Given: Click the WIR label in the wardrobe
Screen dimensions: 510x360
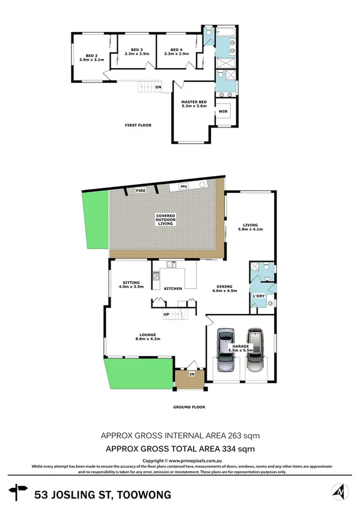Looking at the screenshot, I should (222, 111).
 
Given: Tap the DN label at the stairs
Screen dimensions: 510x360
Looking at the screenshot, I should (158, 88).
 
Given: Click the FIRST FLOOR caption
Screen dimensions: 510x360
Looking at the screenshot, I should (138, 125).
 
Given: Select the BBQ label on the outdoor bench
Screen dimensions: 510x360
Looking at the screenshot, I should (184, 186).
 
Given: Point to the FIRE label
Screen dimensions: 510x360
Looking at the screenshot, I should (141, 191).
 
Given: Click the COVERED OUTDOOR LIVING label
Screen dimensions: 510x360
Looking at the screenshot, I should (165, 219).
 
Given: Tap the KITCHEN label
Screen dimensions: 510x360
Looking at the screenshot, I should (173, 289).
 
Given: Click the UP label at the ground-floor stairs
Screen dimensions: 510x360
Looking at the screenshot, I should (166, 315).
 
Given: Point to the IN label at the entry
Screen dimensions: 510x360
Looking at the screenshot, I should (192, 375).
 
